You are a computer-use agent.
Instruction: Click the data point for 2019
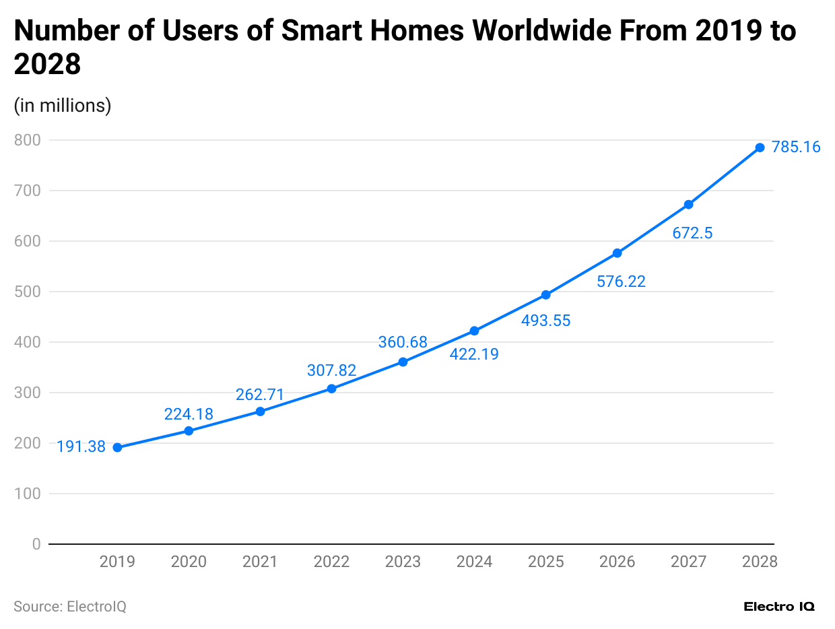[117, 448]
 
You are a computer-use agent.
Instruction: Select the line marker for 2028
[760, 147]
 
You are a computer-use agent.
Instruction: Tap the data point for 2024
[474, 331]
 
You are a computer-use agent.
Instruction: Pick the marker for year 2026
[617, 253]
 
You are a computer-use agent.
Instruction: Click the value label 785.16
[796, 147]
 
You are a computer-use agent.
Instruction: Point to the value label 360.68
[403, 342]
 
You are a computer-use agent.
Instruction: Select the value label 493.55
[545, 321]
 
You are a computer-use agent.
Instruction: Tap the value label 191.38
[81, 446]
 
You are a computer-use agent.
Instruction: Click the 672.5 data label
[692, 233]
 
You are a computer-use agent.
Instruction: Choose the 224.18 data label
[189, 414]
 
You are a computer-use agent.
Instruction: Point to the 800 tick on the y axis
[28, 140]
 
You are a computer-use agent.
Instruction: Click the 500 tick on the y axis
[28, 292]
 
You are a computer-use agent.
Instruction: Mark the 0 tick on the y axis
[36, 544]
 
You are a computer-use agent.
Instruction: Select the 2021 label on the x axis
[260, 562]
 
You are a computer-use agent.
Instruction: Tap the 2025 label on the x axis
[545, 562]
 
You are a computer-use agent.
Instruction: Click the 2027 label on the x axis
[688, 562]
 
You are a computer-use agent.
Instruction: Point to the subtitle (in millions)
[63, 106]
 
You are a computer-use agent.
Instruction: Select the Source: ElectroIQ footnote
[70, 607]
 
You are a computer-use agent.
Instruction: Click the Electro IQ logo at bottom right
[779, 607]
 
